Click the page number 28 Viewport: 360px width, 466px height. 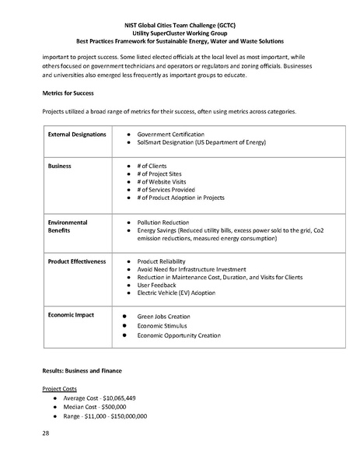click(x=46, y=436)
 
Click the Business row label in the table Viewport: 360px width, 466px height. click(x=61, y=166)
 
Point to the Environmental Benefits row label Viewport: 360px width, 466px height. click(x=68, y=226)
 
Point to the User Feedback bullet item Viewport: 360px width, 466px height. click(x=159, y=286)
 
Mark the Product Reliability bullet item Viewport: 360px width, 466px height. click(x=165, y=261)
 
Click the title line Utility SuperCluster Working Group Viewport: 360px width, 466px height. click(x=180, y=32)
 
